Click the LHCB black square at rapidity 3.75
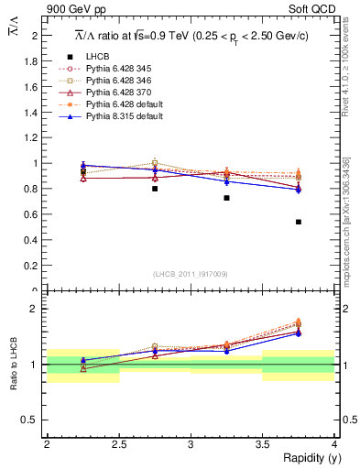(x=299, y=222)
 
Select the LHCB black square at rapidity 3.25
(x=226, y=198)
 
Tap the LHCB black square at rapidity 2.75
(x=155, y=189)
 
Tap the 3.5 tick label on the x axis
(x=262, y=444)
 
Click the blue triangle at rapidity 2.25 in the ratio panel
(x=83, y=361)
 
